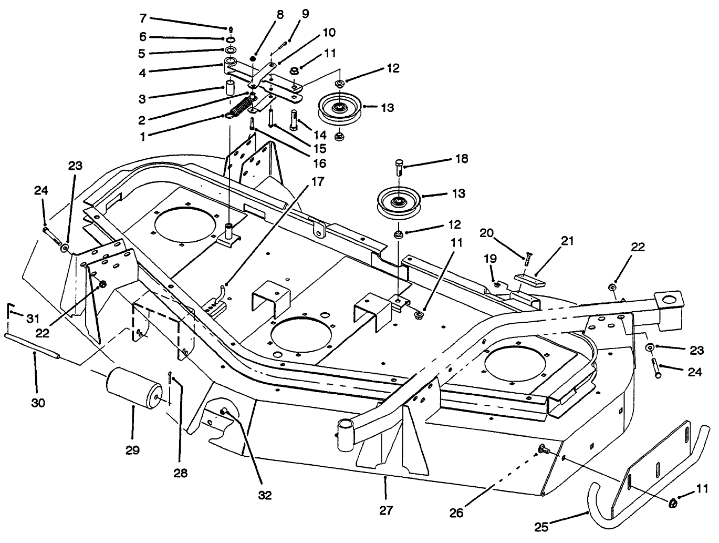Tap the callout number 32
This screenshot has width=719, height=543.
point(265,495)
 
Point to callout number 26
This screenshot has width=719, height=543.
point(456,513)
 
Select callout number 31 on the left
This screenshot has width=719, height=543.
point(33,319)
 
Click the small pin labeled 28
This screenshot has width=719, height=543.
point(171,378)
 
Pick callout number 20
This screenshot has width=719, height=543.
point(486,233)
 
